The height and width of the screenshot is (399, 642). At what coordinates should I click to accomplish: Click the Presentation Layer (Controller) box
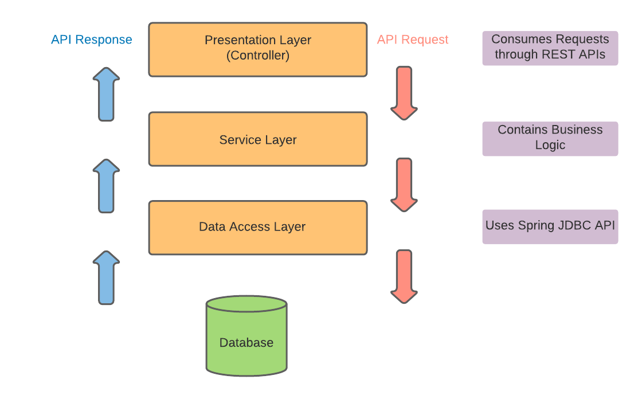coord(257,49)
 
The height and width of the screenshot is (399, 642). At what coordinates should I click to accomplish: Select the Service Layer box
coord(257,139)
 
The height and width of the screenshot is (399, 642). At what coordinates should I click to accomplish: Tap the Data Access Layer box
coord(257,227)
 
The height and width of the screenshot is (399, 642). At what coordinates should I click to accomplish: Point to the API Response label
coord(92,40)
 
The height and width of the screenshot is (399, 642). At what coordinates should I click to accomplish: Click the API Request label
coord(413,40)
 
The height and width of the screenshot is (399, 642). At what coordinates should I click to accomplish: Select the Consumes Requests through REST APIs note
coord(550,48)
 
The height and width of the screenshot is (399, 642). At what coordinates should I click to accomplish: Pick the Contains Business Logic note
coord(550,138)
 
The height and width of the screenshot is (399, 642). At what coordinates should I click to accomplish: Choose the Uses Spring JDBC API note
coord(550,226)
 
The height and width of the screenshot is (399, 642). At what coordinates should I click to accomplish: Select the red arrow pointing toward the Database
coord(404,276)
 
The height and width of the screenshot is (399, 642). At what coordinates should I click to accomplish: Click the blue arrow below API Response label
coord(106,94)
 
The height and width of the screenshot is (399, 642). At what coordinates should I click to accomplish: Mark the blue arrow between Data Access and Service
coord(106,186)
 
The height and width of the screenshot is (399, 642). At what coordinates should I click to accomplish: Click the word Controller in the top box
coord(258,56)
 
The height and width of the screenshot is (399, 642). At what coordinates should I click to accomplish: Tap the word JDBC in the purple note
coord(574,225)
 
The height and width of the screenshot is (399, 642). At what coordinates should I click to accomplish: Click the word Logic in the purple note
coord(550,145)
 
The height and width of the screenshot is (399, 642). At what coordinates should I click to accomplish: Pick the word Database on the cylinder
coord(246,343)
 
